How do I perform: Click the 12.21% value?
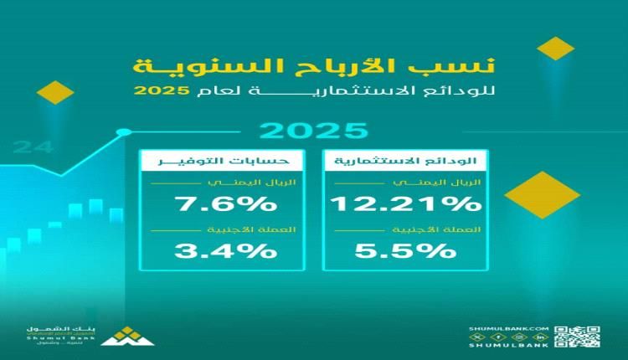click(x=406, y=203)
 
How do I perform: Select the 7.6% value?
click(x=224, y=203)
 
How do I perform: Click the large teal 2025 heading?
click(x=314, y=131)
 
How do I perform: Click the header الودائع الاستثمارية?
click(x=406, y=160)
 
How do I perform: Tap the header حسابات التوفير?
click(x=224, y=160)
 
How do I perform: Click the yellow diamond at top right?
click(x=556, y=48)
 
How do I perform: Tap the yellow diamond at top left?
click(x=57, y=91)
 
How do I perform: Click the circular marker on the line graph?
click(x=125, y=131)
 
